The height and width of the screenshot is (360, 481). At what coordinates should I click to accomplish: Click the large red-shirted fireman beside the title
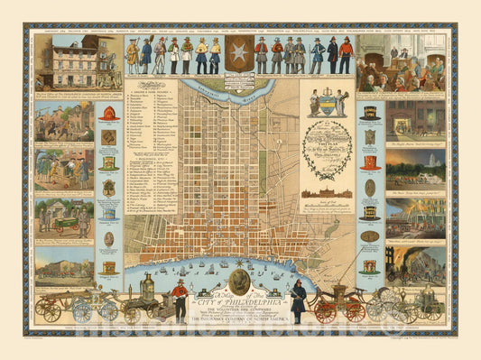tap(180, 300)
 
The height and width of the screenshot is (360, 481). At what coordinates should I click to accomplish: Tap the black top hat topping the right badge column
tap(370, 112)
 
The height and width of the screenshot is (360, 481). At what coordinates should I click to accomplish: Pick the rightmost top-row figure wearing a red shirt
tap(346, 55)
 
